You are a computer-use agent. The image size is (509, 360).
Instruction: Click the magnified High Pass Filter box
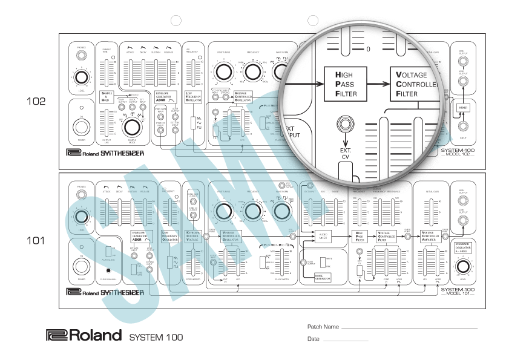pos(346,83)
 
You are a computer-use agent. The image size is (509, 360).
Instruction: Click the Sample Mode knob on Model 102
pos(131,127)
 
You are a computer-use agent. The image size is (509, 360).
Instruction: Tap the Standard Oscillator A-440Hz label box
pos(463,246)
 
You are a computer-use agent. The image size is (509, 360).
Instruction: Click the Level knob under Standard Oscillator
pos(463,267)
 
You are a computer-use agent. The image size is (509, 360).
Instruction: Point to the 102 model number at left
pos(36,101)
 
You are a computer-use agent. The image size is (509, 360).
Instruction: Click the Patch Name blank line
pos(409,327)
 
